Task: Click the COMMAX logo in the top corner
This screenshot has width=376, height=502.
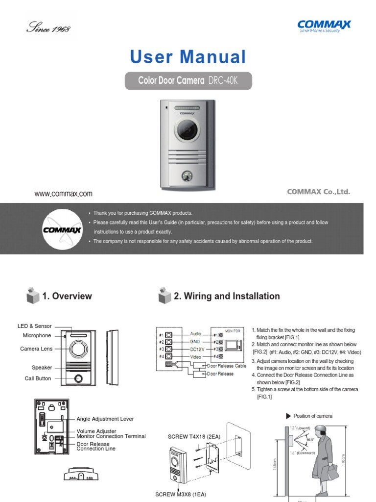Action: pyautogui.click(x=325, y=26)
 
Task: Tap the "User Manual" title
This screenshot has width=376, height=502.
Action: pyautogui.click(x=188, y=57)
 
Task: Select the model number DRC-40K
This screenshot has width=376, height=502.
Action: pyautogui.click(x=223, y=80)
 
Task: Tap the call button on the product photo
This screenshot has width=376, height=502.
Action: pyautogui.click(x=188, y=176)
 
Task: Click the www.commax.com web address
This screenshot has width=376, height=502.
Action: pyautogui.click(x=63, y=194)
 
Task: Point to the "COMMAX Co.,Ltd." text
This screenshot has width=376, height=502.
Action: pyautogui.click(x=318, y=192)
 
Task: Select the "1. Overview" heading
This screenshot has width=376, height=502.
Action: pyautogui.click(x=67, y=296)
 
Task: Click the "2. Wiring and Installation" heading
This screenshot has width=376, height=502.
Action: pyautogui.click(x=227, y=296)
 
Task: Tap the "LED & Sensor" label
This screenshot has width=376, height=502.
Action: pyautogui.click(x=35, y=326)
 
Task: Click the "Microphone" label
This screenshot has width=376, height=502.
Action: pyautogui.click(x=37, y=335)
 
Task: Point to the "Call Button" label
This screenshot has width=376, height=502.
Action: pyautogui.click(x=38, y=378)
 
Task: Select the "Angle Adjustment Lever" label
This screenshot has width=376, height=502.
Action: pyautogui.click(x=105, y=419)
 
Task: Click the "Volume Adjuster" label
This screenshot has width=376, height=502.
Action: pyautogui.click(x=96, y=431)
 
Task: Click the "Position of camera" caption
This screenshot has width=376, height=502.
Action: pyautogui.click(x=313, y=416)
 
